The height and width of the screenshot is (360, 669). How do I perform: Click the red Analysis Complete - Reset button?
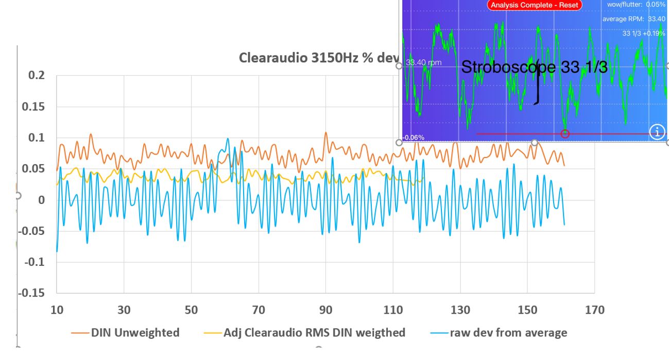(x=535, y=5)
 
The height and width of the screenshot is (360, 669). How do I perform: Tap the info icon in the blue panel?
(x=657, y=131)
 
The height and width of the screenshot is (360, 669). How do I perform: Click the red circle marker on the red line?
(x=565, y=134)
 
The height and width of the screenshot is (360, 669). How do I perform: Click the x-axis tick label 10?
(x=57, y=310)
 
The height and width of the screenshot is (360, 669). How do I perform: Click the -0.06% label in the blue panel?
(x=414, y=138)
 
